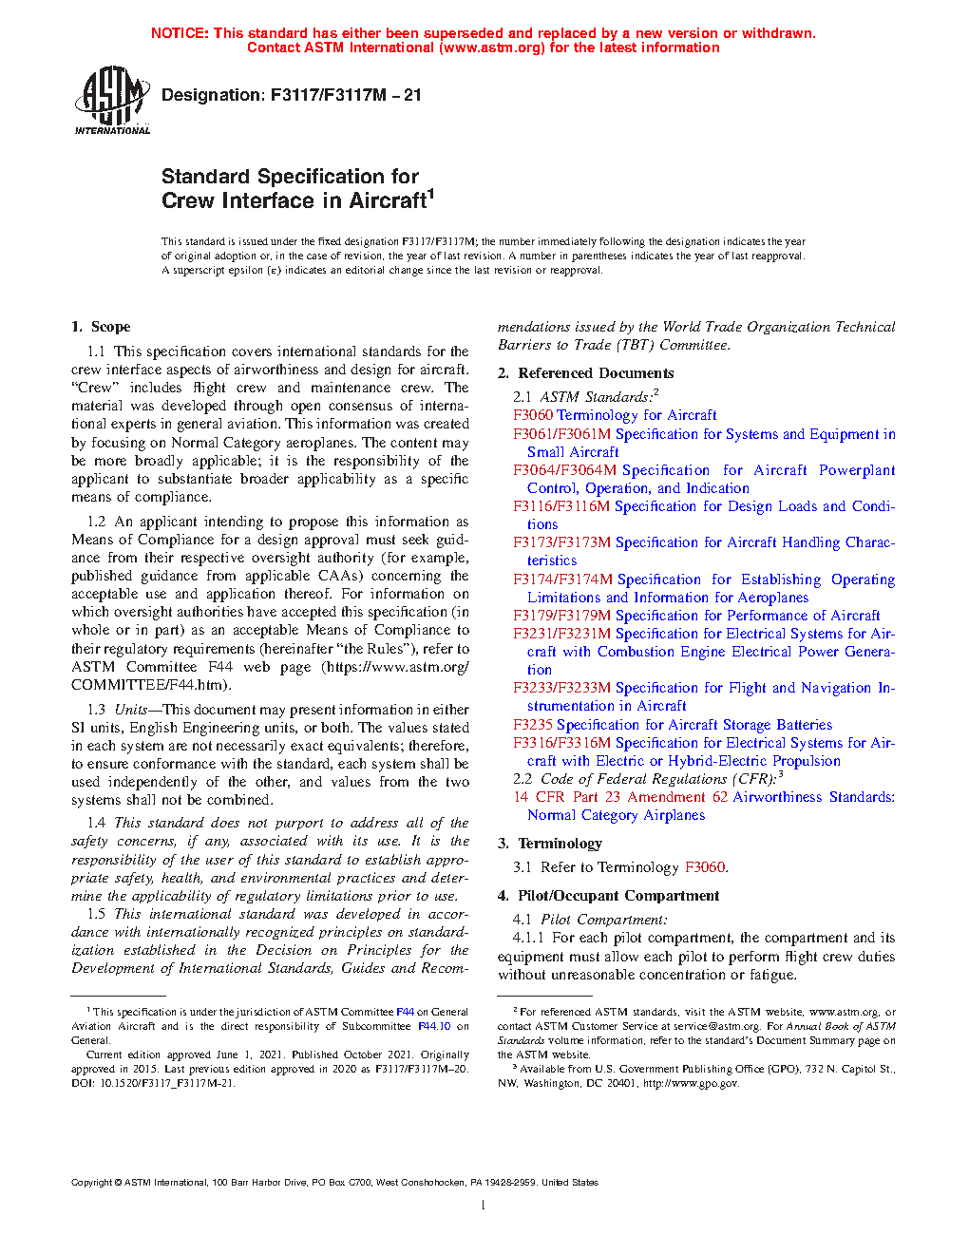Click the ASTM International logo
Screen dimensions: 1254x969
click(x=112, y=100)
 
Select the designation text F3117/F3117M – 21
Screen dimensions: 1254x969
click(x=346, y=95)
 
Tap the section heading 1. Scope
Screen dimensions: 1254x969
click(x=101, y=327)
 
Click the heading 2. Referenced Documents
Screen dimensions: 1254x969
click(x=585, y=373)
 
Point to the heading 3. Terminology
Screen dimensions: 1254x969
click(x=549, y=844)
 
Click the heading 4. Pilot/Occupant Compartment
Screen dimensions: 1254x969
click(x=608, y=896)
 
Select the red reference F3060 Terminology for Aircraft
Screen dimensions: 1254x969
click(x=615, y=415)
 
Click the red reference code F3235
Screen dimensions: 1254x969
click(x=533, y=725)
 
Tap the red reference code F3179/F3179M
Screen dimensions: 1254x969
click(x=561, y=616)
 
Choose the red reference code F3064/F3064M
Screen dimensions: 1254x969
click(x=564, y=470)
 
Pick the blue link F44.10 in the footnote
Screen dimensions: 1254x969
click(x=434, y=1026)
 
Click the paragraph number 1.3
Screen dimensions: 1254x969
click(x=96, y=710)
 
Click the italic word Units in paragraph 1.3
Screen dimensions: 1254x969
click(x=131, y=710)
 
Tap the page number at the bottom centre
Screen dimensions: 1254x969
click(x=484, y=1206)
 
